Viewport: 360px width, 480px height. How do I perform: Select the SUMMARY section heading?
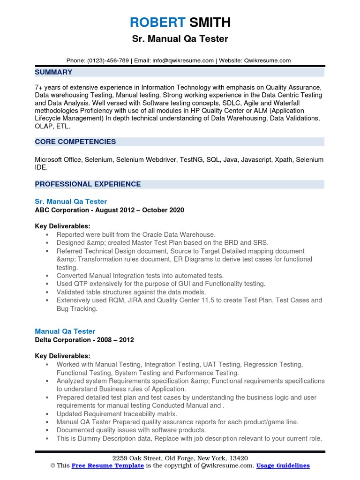[53, 72]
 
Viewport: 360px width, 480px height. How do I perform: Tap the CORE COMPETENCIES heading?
[75, 142]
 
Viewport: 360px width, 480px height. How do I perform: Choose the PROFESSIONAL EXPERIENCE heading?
[88, 184]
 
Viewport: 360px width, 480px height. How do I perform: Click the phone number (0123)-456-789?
[107, 60]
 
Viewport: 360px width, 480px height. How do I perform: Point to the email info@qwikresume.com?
[183, 60]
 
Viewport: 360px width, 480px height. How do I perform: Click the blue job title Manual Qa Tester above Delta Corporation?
[65, 331]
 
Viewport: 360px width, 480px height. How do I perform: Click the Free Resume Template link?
[107, 465]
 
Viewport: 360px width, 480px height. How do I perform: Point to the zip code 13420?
[238, 458]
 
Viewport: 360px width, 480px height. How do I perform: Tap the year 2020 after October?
[175, 210]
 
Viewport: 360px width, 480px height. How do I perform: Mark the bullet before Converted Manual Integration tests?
[47, 276]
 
